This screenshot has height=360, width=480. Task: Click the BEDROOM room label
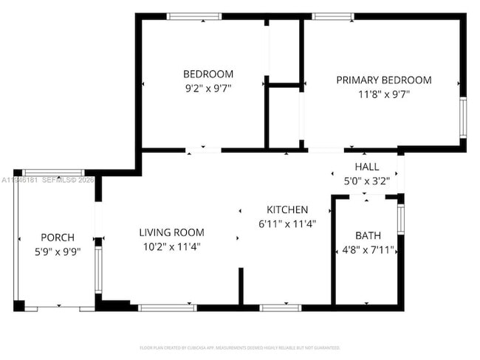pos(208,74)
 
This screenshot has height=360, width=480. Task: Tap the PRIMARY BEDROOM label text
pos(384,80)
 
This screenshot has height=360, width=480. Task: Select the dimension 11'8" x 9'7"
pos(384,94)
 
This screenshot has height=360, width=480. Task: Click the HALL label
pos(367,167)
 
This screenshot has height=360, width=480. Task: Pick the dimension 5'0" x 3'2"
pos(367,180)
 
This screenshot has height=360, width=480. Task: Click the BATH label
pos(368,235)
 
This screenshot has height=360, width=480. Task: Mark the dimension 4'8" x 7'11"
pos(368,249)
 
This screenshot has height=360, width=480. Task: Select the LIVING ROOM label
pos(171,232)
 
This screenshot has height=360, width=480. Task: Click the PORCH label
pos(58,238)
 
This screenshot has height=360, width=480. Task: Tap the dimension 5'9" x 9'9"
pos(58,252)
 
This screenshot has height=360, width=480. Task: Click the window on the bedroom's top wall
pos(193,15)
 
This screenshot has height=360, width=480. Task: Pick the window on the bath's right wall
pos(400,219)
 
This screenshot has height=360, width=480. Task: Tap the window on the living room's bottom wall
pos(168,307)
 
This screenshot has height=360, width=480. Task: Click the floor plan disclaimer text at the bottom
pos(240,347)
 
